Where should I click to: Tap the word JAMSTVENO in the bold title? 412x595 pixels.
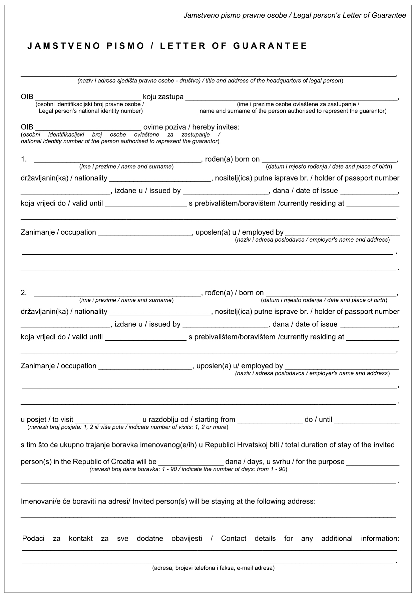click(63, 46)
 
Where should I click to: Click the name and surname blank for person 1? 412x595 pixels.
click(117, 160)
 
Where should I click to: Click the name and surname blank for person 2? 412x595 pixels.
click(117, 293)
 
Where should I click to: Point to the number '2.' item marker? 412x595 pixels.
click(24, 293)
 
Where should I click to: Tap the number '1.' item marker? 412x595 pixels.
click(24, 159)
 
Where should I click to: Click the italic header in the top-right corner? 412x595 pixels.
click(295, 15)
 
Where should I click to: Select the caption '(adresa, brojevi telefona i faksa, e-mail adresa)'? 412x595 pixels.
click(213, 568)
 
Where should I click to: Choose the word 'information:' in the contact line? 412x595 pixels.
click(380, 539)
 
